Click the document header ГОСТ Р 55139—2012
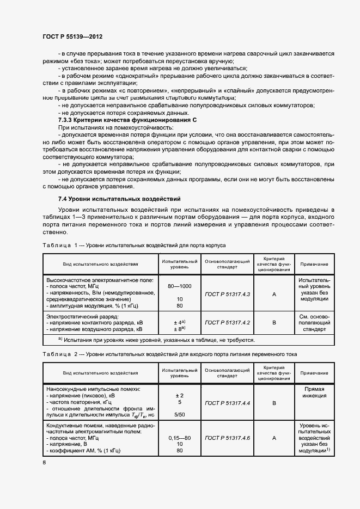(x=72, y=36)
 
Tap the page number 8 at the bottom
(x=44, y=463)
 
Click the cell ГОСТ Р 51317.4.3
(x=227, y=294)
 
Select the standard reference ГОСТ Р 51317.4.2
(x=227, y=323)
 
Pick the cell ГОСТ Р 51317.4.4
(x=227, y=403)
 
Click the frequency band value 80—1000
(x=179, y=286)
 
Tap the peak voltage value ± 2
(x=179, y=395)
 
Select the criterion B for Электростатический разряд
(x=274, y=323)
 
